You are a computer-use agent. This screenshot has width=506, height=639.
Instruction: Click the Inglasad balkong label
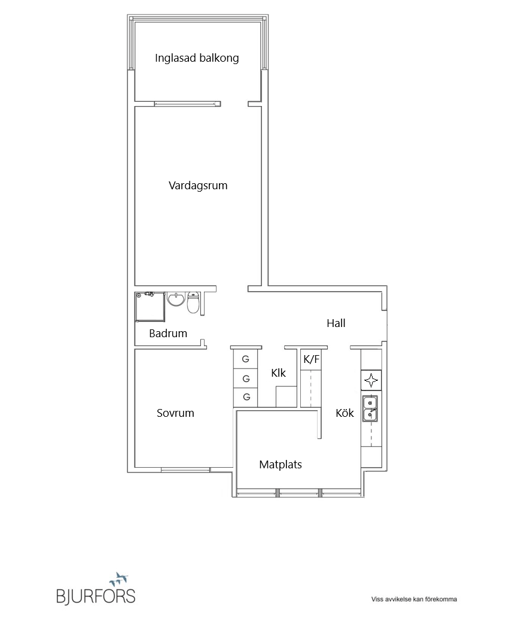point(197,58)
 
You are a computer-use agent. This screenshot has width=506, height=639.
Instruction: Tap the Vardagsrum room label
point(198,186)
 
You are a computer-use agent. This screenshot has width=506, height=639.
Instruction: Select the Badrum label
point(168,334)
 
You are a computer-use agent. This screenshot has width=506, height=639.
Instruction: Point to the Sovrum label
point(175,413)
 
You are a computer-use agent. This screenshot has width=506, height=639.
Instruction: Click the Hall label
point(336,323)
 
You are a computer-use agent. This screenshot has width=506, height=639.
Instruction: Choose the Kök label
point(345,413)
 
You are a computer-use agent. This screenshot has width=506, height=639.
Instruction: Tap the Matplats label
point(281,465)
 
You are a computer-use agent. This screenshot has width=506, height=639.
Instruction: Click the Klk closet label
point(279,373)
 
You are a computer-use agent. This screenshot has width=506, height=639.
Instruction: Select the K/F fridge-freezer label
point(312,359)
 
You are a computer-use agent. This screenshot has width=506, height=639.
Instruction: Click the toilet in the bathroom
point(193,302)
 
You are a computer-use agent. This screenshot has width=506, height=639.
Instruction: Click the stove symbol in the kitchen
point(371,381)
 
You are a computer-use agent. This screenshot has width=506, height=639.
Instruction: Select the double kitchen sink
point(370,409)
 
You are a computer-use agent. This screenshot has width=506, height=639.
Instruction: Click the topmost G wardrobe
point(245,359)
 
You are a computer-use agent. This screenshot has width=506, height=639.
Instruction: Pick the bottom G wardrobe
point(245,397)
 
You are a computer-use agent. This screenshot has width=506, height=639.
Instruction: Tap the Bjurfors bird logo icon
point(119,577)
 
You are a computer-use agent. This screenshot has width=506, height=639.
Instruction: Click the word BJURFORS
point(96,596)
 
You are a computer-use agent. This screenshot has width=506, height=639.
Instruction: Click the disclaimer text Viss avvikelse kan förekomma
point(414,599)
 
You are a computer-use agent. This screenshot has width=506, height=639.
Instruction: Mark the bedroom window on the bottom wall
point(185,470)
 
